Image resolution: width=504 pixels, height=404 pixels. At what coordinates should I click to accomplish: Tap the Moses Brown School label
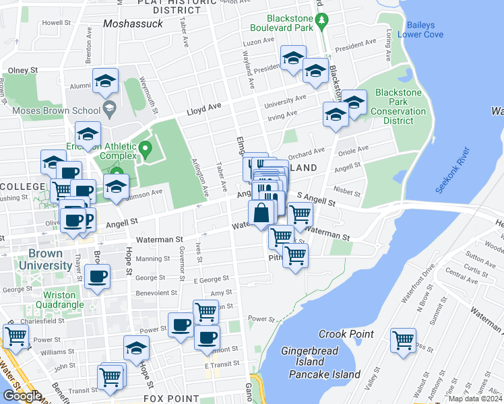[57, 109]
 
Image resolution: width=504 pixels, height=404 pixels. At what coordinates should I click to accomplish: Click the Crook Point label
[346, 334]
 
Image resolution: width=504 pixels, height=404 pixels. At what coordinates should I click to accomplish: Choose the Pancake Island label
[324, 374]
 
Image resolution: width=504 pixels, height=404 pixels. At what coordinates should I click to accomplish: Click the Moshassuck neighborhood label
[133, 24]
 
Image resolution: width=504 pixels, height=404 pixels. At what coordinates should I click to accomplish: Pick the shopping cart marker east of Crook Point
[403, 341]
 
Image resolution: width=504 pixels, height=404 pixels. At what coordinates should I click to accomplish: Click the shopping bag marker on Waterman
[261, 213]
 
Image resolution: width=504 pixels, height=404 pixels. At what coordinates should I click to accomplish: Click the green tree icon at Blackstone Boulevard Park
[322, 22]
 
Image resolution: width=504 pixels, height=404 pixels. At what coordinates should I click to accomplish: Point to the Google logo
[22, 396]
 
